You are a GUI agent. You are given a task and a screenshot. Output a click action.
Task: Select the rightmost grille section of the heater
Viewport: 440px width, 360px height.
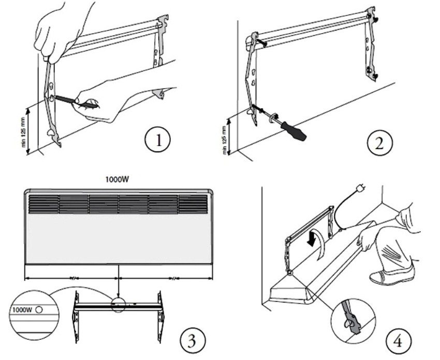pos(193,204)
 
